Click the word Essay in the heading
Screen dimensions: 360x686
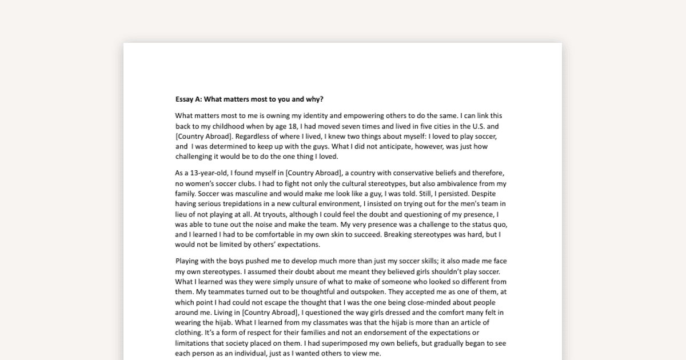coord(185,99)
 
